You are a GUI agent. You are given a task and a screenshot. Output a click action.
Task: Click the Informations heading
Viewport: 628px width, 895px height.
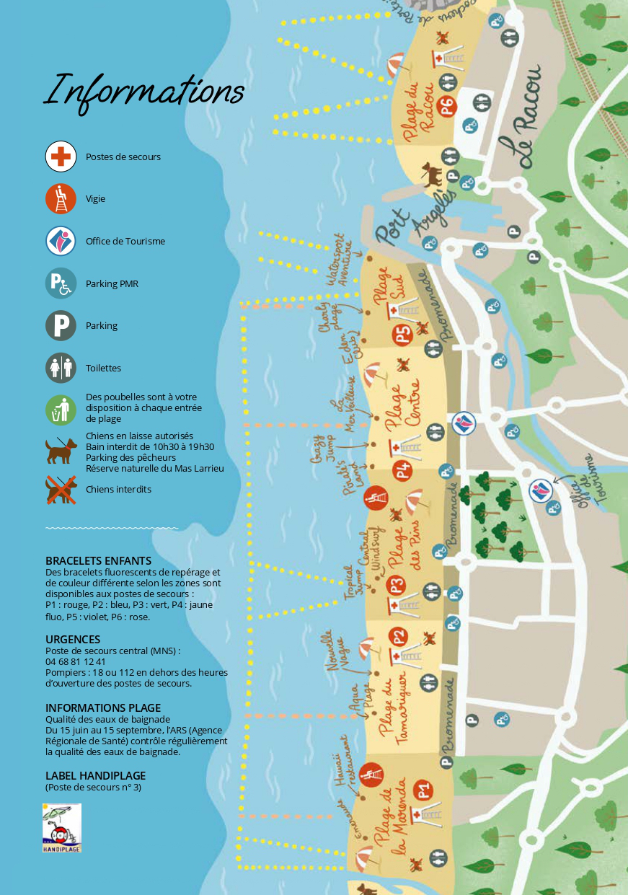(144, 91)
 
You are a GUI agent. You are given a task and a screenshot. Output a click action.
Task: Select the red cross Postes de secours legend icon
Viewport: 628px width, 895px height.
(61, 156)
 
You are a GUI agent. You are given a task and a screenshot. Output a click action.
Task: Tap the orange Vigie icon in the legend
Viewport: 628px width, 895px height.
(61, 199)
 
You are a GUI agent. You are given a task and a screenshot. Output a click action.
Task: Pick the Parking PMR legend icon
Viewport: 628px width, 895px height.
(61, 283)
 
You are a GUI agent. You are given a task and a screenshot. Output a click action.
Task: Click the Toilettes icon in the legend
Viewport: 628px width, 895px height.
(61, 368)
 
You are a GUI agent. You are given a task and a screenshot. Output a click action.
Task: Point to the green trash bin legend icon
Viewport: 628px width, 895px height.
(61, 409)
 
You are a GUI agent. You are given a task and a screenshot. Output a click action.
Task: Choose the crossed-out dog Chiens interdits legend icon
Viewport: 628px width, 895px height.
(61, 490)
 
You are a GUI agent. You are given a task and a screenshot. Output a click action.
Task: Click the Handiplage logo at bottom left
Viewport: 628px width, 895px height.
(62, 828)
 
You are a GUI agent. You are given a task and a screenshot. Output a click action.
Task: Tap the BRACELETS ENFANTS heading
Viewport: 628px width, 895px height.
(98, 560)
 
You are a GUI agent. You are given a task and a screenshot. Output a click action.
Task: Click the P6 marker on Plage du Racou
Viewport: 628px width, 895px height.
(448, 107)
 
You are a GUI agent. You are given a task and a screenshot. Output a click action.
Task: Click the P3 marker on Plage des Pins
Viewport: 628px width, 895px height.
(396, 585)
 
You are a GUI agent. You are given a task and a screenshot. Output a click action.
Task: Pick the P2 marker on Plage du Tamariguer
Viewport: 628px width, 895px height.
(397, 636)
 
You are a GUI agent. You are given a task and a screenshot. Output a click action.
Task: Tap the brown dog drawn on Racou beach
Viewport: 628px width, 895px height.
(432, 174)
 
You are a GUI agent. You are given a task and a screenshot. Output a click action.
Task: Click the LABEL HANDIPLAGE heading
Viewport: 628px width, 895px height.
(95, 775)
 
